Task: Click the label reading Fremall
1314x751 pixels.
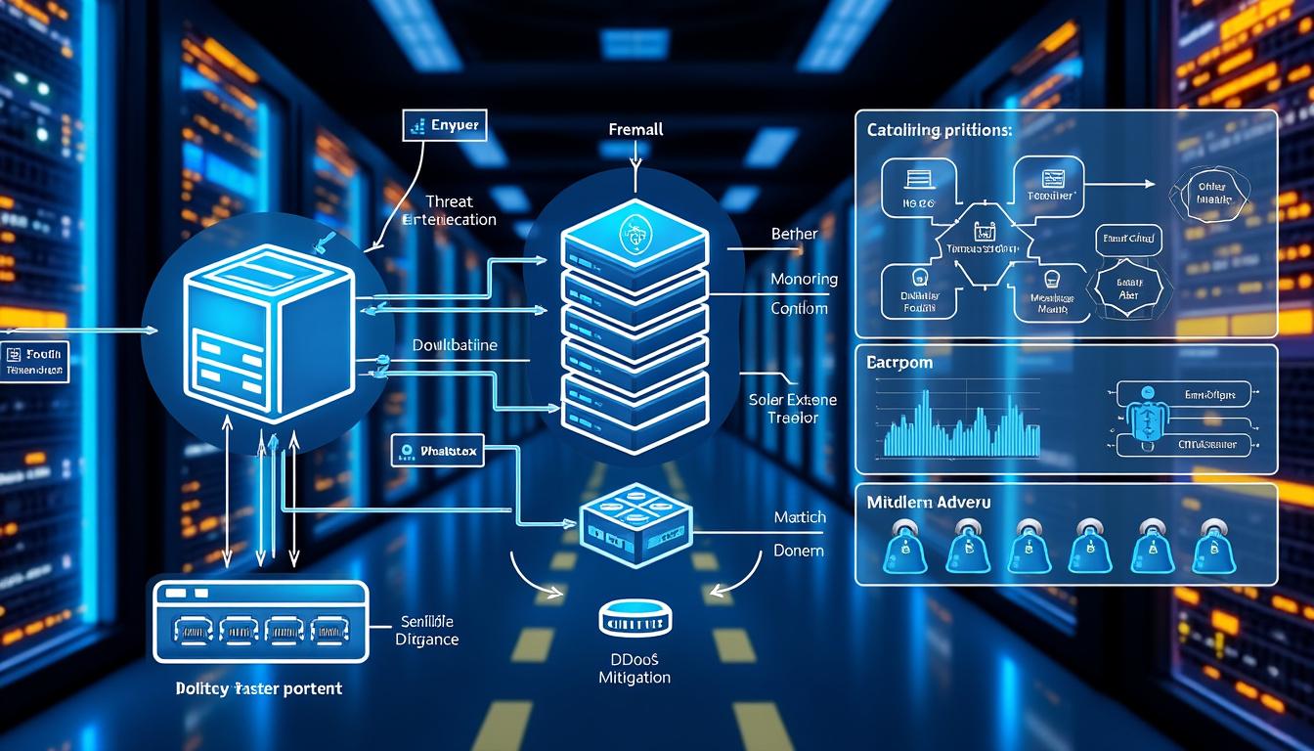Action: coord(635,129)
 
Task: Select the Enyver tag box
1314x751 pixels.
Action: coord(445,126)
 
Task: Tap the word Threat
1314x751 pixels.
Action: coord(450,200)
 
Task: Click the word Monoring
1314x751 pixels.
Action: coord(804,279)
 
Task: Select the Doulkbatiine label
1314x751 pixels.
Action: coord(455,345)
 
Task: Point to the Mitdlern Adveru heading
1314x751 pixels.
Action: coord(928,502)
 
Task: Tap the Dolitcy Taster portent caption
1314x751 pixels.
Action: coord(258,688)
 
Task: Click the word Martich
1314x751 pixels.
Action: coord(799,516)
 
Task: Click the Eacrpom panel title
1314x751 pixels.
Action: coord(898,362)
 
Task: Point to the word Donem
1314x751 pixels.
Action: coord(798,551)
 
